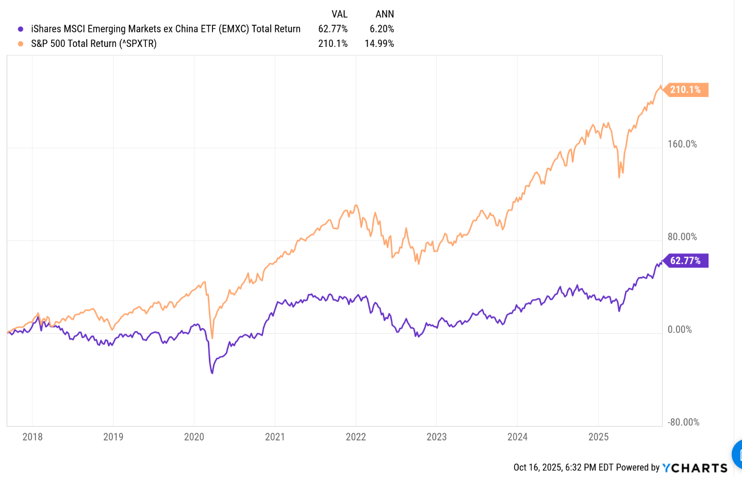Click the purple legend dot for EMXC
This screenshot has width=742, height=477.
point(21,29)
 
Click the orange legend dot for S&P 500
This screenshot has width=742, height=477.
point(21,44)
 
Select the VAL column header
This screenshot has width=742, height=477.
point(339,14)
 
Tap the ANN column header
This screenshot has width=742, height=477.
point(385,14)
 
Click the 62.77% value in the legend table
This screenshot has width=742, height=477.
point(333,29)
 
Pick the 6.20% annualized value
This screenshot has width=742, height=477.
point(382,29)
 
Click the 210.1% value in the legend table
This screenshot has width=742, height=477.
point(333,44)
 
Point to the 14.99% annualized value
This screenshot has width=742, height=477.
point(380,44)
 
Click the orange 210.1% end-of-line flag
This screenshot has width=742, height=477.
point(686,90)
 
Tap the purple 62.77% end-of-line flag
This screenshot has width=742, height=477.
point(686,261)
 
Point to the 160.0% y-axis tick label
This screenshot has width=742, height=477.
point(682,144)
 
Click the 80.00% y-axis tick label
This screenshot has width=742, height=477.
point(682,237)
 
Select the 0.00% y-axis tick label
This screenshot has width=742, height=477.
point(680,330)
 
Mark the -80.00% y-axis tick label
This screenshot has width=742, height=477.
point(684,422)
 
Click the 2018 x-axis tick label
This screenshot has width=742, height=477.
point(32,437)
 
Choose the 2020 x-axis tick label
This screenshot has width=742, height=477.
point(194,437)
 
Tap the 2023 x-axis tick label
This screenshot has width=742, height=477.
point(436,437)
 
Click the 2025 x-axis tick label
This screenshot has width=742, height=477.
point(598,437)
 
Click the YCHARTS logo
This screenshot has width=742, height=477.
point(695,468)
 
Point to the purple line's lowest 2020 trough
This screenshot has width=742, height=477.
point(212,372)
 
